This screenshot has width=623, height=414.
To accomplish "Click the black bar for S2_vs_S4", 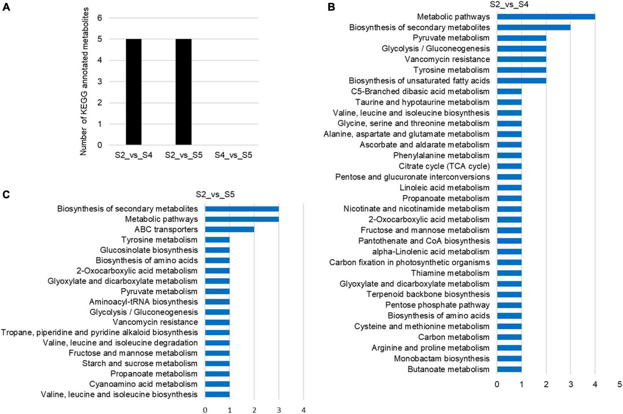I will pyautogui.click(x=134, y=92).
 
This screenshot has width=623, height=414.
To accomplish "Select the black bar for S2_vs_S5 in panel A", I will pyautogui.click(x=184, y=92).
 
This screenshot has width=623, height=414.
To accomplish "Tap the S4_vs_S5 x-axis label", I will pyautogui.click(x=233, y=155).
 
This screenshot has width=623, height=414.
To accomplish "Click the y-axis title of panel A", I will pyautogui.click(x=83, y=81).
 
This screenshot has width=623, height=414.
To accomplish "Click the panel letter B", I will pyautogui.click(x=331, y=7).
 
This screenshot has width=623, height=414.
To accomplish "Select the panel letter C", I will pyautogui.click(x=6, y=195).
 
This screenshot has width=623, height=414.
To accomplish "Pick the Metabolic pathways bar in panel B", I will pyautogui.click(x=546, y=17).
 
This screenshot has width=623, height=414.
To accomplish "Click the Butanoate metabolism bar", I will pyautogui.click(x=509, y=369).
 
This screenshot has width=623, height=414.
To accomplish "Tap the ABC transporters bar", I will pyautogui.click(x=229, y=230).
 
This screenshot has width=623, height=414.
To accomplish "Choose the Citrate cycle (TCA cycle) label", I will pyautogui.click(x=444, y=166).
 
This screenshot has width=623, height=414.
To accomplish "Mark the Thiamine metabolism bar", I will pyautogui.click(x=509, y=273).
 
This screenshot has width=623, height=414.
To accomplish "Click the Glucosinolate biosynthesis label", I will pyautogui.click(x=149, y=250).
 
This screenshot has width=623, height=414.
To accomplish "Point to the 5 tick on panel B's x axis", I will pyautogui.click(x=619, y=384).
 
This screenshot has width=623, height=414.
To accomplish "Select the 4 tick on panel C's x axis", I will pyautogui.click(x=303, y=410).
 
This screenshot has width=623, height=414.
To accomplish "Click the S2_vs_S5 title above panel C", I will pyautogui.click(x=215, y=195).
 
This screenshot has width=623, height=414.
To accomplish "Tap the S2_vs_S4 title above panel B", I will pyautogui.click(x=509, y=5).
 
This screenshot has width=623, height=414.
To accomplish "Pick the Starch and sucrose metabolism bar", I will pyautogui.click(x=217, y=363).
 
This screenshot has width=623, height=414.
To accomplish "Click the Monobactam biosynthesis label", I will pyautogui.click(x=442, y=358).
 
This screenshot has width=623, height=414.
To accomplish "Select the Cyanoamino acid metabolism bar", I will pyautogui.click(x=217, y=384).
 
